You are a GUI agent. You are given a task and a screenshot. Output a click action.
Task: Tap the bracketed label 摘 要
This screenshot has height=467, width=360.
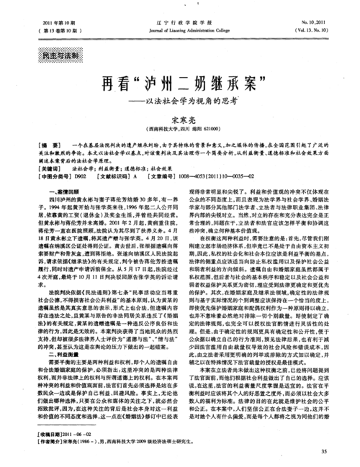point(37,146)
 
